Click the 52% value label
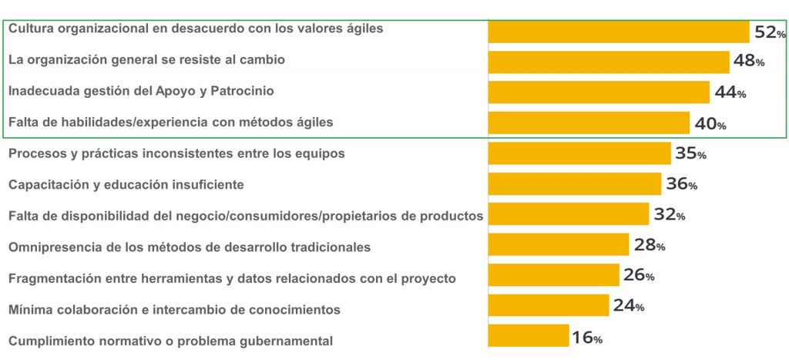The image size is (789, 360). pos(770,32)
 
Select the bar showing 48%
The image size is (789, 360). pos(609,62)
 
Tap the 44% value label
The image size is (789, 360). pos(730,93)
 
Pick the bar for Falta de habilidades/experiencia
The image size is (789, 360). pos(589,123)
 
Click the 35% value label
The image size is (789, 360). pos(690,153)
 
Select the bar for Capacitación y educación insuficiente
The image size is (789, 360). pos(574,183)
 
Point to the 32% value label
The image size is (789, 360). pos(670,214)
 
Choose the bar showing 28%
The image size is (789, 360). pos(559,245)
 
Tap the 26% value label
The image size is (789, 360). pos(640,275)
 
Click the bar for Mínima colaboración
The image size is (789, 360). pos(549,305)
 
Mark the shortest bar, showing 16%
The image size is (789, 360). pos(529,336)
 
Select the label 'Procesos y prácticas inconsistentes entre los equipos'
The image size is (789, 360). pos(176,153)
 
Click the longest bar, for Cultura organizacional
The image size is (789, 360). pos(619,32)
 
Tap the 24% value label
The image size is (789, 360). pos(629,306)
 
